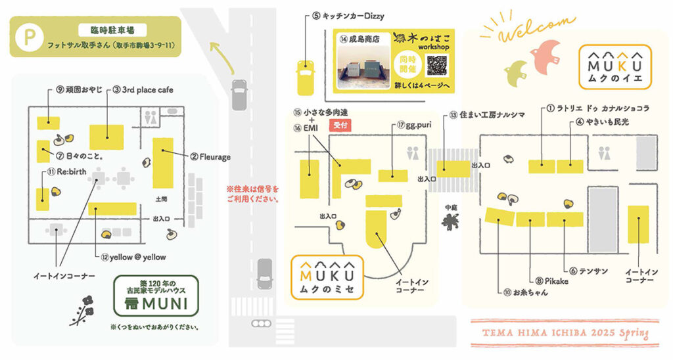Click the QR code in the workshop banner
436,66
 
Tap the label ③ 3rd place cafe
143,89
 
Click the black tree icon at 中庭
450,223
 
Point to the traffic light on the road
264,323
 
